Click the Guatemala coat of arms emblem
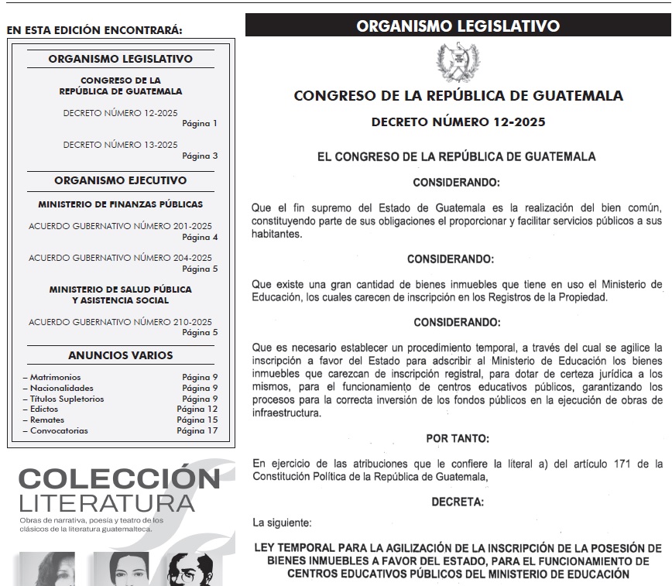tap(458, 61)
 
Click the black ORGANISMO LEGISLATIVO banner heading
tap(458, 26)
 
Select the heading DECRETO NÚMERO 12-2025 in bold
tap(458, 122)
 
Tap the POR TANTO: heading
tap(458, 438)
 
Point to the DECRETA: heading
tap(458, 502)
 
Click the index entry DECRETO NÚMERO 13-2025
tap(120, 145)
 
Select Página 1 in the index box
tap(200, 123)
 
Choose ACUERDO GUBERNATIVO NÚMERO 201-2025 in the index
tap(120, 226)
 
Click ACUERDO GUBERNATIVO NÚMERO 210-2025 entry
tap(120, 321)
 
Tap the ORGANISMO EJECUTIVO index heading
tap(120, 180)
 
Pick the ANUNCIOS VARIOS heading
tap(120, 355)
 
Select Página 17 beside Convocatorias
tap(197, 430)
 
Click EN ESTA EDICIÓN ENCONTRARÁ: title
tap(94, 31)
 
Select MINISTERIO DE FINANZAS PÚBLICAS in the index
tap(120, 204)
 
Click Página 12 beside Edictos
tap(197, 409)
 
